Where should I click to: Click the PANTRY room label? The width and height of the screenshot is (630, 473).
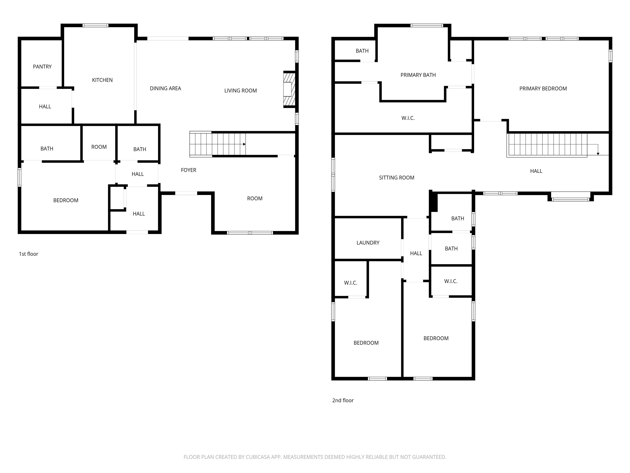pos(42,67)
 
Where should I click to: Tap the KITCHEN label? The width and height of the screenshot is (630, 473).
pos(102,80)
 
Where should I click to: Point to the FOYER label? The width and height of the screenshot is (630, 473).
pos(188,170)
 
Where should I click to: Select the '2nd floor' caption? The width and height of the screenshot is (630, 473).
pos(343,401)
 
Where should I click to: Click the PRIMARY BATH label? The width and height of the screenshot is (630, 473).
pos(418,75)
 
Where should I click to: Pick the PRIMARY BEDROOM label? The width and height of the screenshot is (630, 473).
pos(543,89)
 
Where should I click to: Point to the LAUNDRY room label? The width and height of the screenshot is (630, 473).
pos(368,243)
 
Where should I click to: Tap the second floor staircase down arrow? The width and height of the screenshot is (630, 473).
pos(598,154)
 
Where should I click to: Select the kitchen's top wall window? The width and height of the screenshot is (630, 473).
pos(95,25)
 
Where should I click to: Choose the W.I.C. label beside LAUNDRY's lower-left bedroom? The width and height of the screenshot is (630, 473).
pos(350,283)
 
